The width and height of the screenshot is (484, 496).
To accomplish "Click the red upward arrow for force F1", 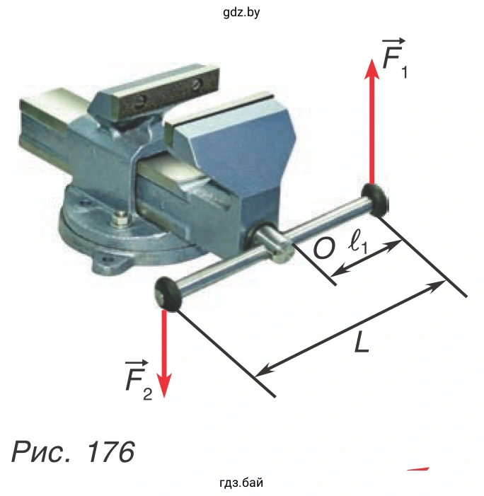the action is click(x=372, y=122).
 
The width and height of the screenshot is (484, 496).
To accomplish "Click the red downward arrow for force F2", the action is click(x=164, y=354).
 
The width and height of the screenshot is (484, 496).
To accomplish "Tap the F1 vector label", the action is click(x=394, y=59).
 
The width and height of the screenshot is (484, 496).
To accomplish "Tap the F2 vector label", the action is click(x=139, y=380).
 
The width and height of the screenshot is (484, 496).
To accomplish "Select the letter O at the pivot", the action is click(x=323, y=248).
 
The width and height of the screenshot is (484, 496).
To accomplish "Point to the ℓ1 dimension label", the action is click(x=358, y=244).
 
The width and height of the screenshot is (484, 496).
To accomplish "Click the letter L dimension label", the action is click(x=362, y=342).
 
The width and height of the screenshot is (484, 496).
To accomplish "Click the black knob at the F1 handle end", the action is click(x=375, y=200).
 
